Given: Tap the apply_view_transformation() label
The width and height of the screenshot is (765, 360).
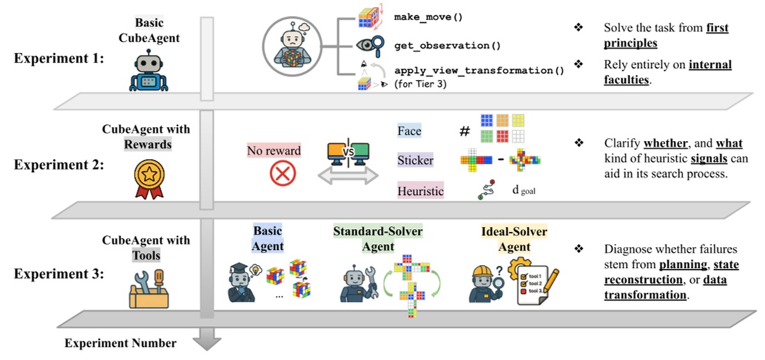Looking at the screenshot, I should (479, 70).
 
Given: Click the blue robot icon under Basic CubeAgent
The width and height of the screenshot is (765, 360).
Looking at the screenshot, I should (148, 72).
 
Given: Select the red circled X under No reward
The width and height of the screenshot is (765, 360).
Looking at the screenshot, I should (282, 173).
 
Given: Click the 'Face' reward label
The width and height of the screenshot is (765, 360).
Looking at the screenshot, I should (409, 130).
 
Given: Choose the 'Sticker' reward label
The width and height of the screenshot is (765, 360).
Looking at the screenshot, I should (415, 160).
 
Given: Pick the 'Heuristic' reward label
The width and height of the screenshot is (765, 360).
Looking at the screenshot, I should (420, 190).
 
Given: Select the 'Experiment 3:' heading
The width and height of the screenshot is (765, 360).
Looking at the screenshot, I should (59, 273).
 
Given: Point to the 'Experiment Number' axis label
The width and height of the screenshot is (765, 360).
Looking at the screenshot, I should (120, 343).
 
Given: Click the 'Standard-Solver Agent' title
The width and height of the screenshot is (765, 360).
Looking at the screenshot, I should (377, 239).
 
